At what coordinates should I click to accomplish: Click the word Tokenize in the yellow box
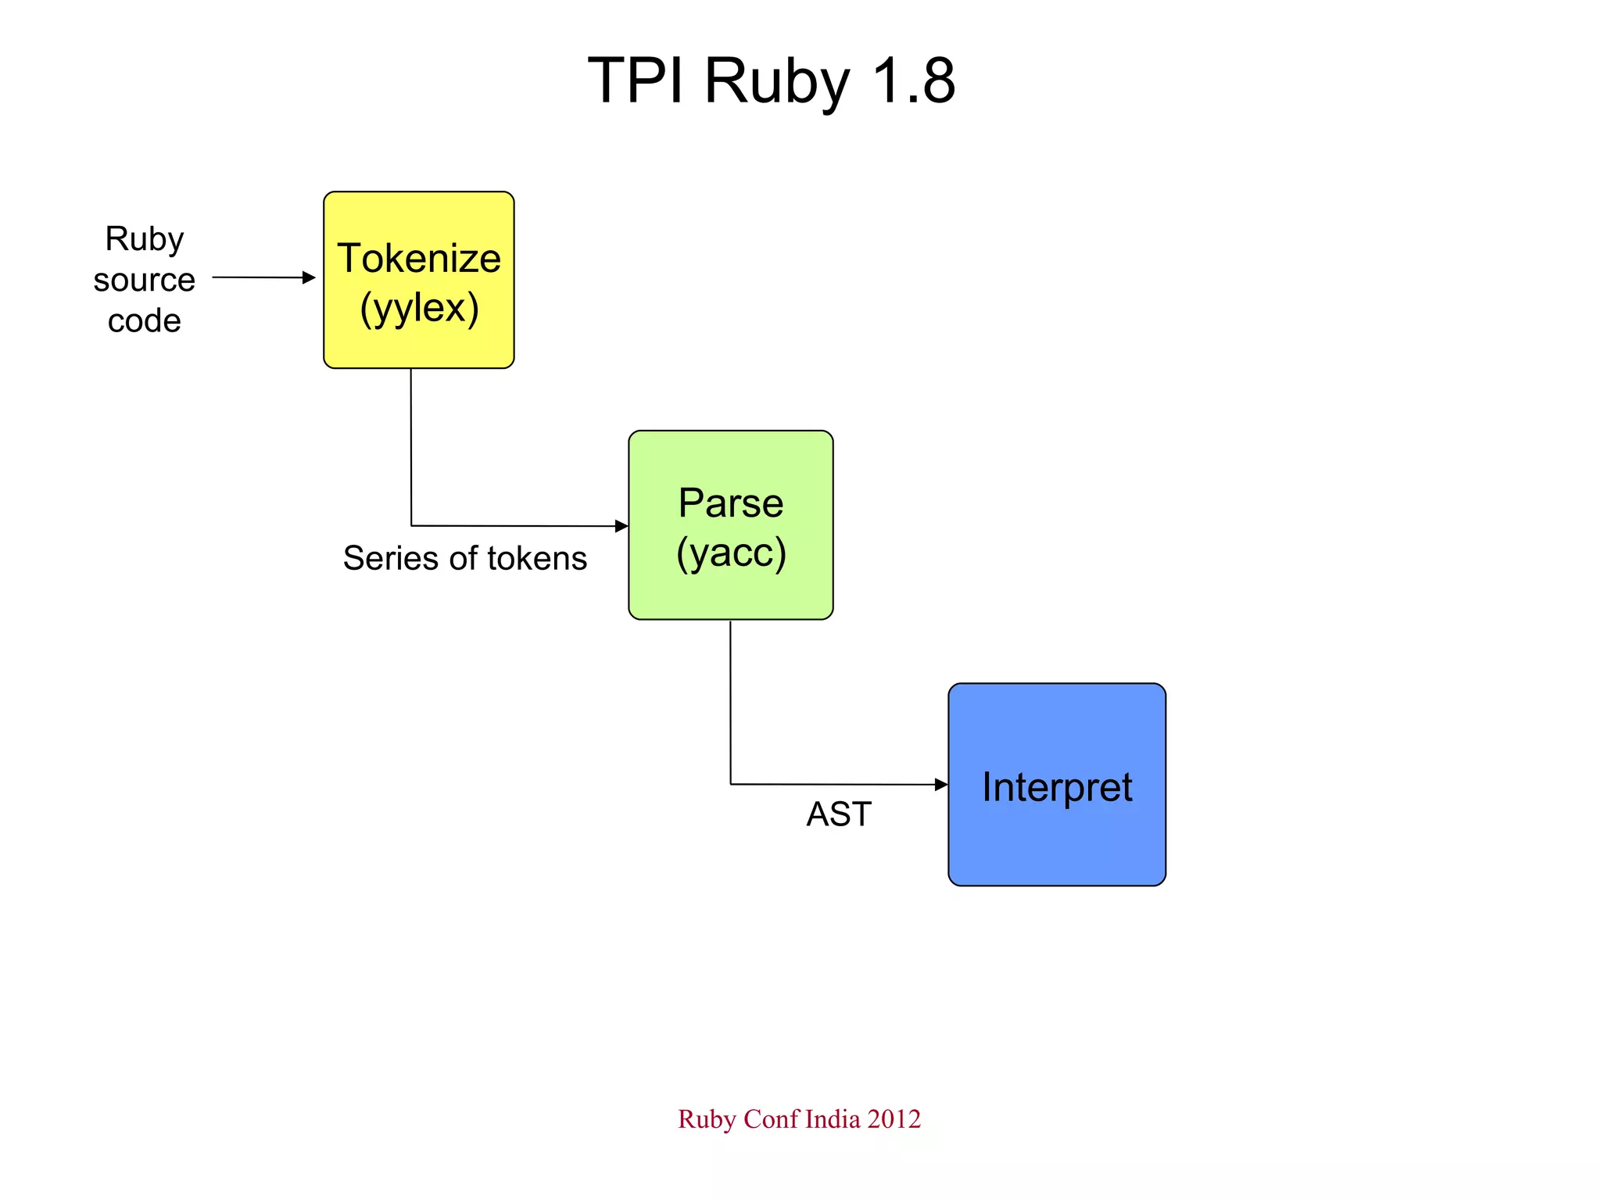point(419,258)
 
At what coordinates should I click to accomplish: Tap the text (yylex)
point(419,308)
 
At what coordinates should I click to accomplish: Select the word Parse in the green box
point(730,503)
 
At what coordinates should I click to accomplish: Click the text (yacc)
point(731,553)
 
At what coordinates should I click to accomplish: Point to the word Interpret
point(1057,786)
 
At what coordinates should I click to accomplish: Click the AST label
point(838,814)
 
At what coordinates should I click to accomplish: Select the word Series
point(391,559)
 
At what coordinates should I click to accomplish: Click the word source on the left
point(145,280)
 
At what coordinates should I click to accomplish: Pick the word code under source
point(145,321)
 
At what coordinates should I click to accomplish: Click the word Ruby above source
point(145,238)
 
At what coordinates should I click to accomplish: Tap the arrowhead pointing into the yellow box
point(310,277)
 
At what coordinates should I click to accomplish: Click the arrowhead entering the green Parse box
point(622,526)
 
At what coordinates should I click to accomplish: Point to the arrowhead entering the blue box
point(942,785)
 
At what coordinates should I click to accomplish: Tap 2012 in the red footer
point(894,1119)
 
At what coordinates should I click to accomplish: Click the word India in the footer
point(833,1119)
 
